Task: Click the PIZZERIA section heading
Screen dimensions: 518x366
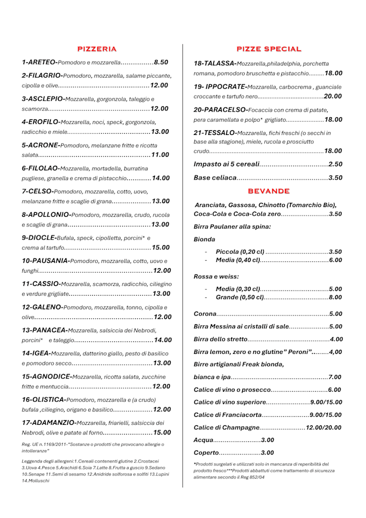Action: click(97, 49)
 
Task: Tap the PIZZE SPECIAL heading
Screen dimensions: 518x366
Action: click(268, 49)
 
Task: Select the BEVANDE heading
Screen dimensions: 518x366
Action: click(268, 191)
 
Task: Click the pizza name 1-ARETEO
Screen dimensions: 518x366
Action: click(39, 62)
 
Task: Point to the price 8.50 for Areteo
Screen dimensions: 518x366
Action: click(161, 62)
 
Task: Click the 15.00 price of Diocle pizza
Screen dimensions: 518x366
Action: click(161, 248)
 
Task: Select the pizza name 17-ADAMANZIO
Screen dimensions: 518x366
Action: click(48, 423)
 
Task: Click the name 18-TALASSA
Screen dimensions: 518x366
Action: click(214, 63)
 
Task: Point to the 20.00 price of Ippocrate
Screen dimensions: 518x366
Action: click(333, 96)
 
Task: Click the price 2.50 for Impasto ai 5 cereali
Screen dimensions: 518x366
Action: click(335, 165)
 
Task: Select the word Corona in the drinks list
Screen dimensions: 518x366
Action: click(205, 314)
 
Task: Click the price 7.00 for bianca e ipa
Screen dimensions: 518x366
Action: click(335, 377)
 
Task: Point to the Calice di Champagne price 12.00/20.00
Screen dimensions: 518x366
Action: click(324, 428)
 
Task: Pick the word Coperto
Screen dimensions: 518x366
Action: click(206, 453)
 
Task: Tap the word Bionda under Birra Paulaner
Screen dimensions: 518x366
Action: click(205, 239)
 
